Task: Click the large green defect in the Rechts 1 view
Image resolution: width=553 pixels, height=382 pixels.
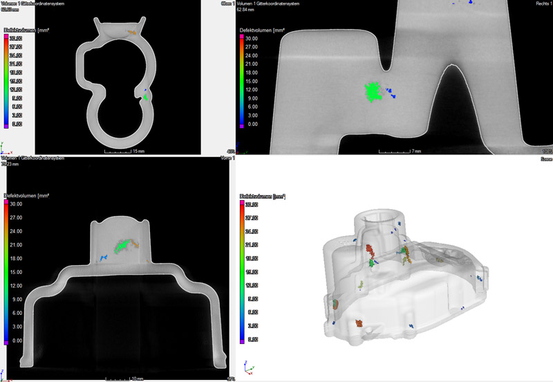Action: (374, 92)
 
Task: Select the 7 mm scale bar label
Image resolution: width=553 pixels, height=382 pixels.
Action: (416, 149)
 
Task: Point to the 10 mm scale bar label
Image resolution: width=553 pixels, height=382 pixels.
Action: (138, 378)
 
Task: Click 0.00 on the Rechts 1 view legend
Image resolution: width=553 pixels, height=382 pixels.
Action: (254, 125)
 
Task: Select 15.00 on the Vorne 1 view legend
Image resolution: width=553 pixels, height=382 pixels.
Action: (15, 272)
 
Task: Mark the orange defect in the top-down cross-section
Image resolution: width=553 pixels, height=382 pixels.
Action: (131, 32)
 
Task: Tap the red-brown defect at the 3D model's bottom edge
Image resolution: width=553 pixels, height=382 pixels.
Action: (359, 323)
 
